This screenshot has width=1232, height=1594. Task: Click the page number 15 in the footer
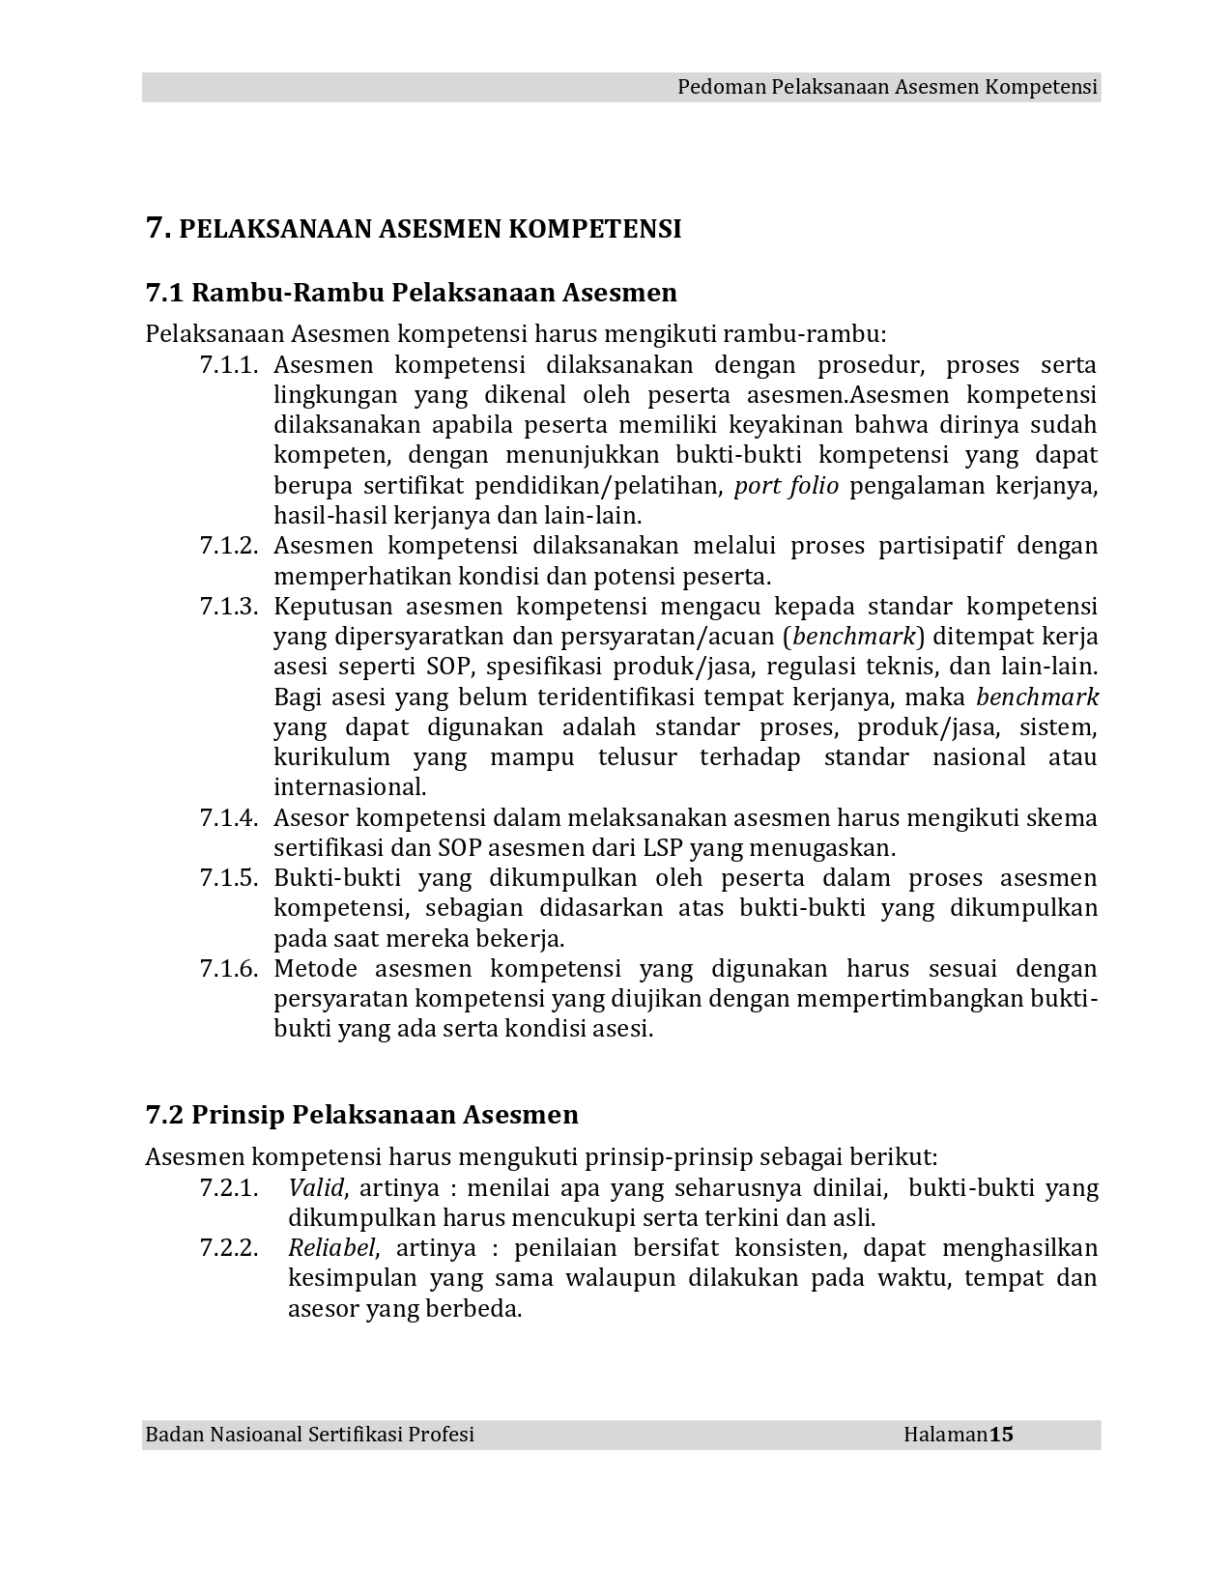(x=1000, y=1435)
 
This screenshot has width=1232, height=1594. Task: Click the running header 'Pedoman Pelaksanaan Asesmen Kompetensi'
(x=887, y=87)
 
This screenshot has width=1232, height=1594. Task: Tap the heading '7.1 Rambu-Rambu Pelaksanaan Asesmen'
(x=411, y=292)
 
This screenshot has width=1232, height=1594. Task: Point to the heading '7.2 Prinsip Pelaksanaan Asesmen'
(x=361, y=1115)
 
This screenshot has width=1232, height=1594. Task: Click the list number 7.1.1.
(x=230, y=365)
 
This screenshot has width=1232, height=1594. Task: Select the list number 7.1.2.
(x=230, y=546)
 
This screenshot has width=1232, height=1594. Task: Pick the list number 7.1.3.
(x=230, y=607)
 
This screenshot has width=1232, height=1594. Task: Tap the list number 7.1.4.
(x=230, y=818)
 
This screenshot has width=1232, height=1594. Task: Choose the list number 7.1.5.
(x=230, y=878)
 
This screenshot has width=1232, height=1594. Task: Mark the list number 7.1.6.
(x=230, y=969)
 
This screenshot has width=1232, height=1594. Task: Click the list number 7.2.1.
(x=230, y=1188)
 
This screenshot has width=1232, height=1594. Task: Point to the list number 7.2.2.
(x=230, y=1248)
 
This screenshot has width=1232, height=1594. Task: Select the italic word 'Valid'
(x=316, y=1188)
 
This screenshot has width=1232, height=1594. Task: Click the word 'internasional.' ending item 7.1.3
(x=350, y=787)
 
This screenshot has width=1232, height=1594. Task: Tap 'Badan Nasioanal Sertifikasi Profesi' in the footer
(x=309, y=1435)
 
